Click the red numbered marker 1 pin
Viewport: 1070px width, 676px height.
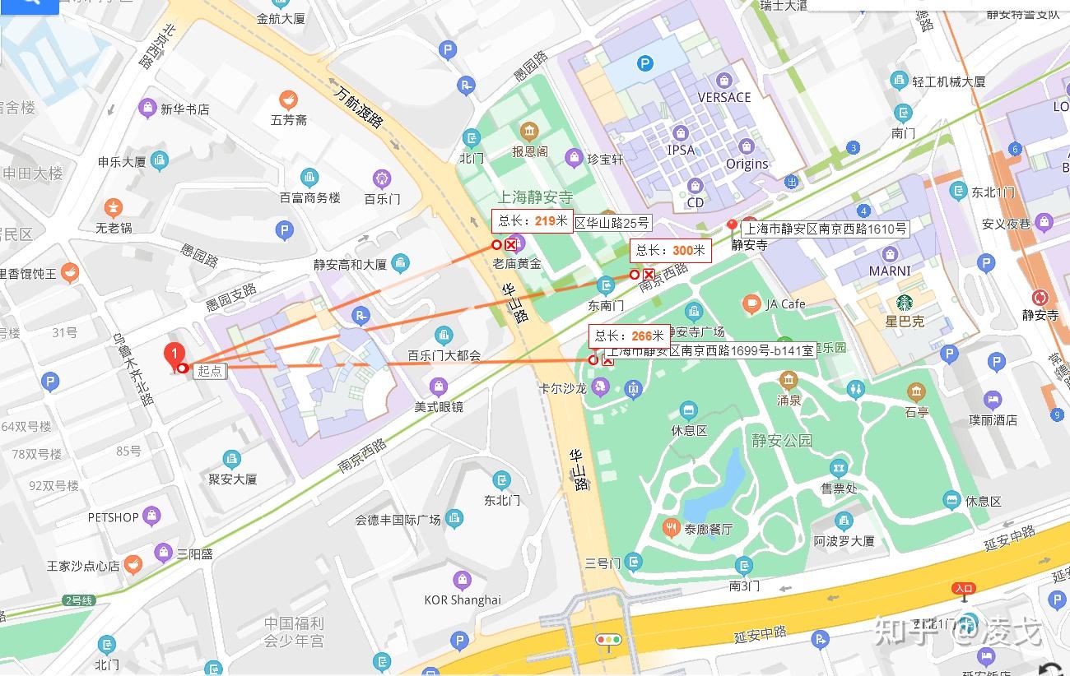click(174, 355)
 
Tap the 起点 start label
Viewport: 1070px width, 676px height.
click(210, 371)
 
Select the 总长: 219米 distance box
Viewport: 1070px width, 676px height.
click(532, 220)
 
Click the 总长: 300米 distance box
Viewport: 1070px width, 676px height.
click(670, 251)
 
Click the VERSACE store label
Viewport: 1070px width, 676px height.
click(724, 97)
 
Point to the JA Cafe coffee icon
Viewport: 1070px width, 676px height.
click(751, 304)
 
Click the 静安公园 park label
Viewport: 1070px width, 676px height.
click(781, 440)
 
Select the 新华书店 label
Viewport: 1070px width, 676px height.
click(184, 109)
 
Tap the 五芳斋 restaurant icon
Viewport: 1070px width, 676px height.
click(288, 100)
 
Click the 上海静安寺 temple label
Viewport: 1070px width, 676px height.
click(535, 197)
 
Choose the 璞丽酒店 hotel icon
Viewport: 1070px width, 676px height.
click(993, 400)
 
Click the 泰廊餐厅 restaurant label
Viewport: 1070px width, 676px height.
click(708, 529)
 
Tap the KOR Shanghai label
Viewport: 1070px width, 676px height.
click(462, 600)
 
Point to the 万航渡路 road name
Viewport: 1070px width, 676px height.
click(360, 107)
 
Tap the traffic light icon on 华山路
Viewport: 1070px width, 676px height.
click(609, 639)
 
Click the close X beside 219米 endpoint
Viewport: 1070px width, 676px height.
click(511, 245)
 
